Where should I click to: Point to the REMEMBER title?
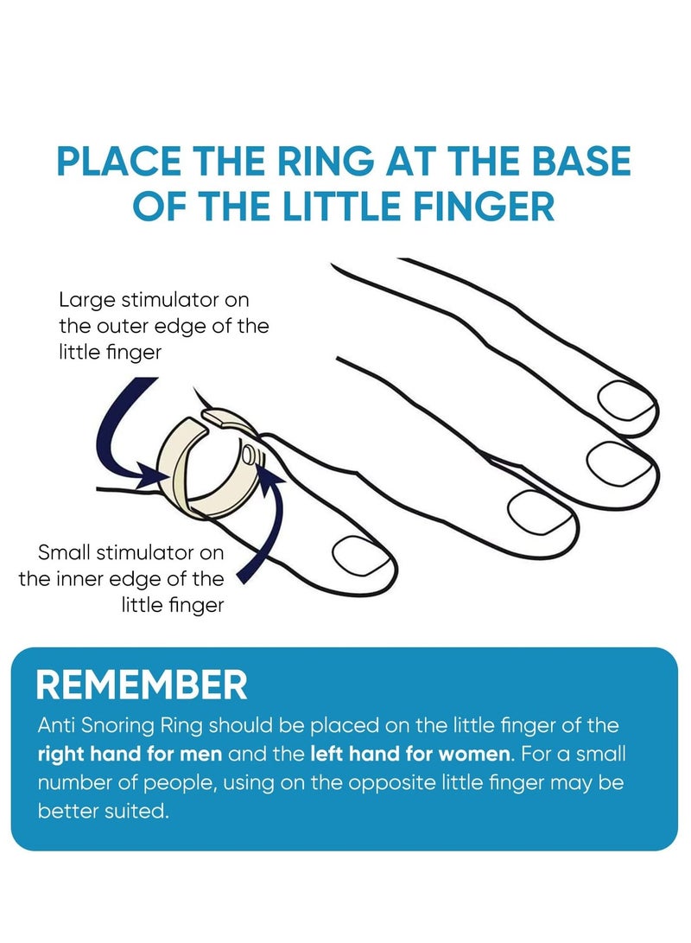pyautogui.click(x=142, y=685)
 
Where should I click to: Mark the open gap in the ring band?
pyautogui.click(x=206, y=420)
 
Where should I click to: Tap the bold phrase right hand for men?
pyautogui.click(x=130, y=754)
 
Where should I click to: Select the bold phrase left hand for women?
pyautogui.click(x=409, y=754)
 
